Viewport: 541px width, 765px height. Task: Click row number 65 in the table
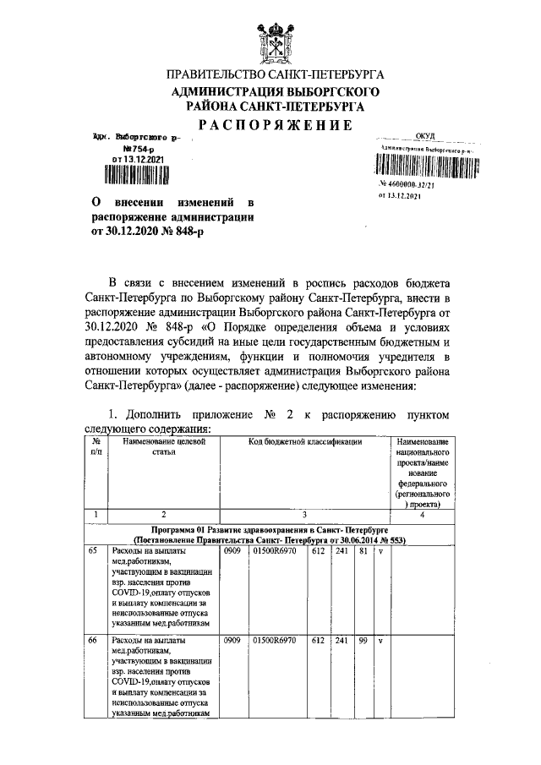click(93, 550)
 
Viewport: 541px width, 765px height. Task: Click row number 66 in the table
click(93, 641)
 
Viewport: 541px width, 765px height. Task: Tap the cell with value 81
click(363, 551)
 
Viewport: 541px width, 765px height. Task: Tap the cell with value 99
click(363, 642)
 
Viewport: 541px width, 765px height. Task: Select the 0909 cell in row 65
click(232, 551)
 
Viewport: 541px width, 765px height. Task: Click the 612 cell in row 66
click(318, 642)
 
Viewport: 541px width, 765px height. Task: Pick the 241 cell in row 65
click(342, 551)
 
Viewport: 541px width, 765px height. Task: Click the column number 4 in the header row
click(421, 514)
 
